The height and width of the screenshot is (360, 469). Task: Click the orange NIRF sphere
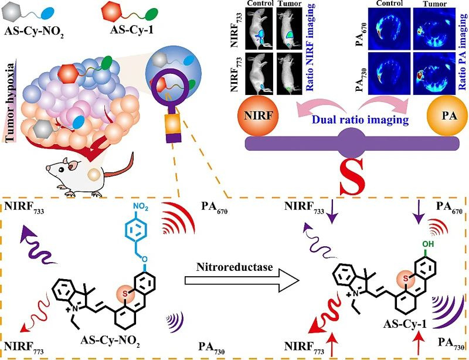258,116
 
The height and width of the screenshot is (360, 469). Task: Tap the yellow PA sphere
447,116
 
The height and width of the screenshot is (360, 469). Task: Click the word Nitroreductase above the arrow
235,266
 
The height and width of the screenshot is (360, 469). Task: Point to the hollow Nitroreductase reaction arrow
242,280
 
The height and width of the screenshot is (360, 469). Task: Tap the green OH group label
428,244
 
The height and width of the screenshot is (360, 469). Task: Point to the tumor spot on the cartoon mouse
94,175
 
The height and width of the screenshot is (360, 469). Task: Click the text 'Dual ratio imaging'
360,120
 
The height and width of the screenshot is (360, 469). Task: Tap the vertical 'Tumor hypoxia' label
11,103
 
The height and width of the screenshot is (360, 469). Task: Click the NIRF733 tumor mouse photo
289,28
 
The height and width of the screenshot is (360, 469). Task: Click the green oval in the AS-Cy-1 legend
151,14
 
